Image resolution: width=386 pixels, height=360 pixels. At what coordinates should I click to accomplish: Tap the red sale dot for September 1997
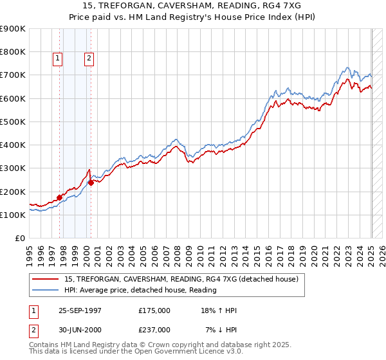pyautogui.click(x=60, y=197)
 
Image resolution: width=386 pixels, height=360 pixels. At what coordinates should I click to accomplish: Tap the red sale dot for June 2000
pyautogui.click(x=91, y=183)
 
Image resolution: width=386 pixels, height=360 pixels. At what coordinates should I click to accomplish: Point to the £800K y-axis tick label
pyautogui.click(x=13, y=51)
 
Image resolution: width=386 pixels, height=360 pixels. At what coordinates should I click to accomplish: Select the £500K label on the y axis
pyautogui.click(x=13, y=122)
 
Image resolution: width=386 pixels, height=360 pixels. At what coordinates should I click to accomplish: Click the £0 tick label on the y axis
pyautogui.click(x=19, y=239)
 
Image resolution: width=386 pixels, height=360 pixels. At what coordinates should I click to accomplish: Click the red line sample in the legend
pyautogui.click(x=46, y=280)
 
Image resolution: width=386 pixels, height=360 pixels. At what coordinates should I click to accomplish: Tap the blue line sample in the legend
pyautogui.click(x=46, y=291)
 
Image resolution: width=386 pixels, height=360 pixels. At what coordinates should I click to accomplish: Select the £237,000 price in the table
pyautogui.click(x=154, y=330)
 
